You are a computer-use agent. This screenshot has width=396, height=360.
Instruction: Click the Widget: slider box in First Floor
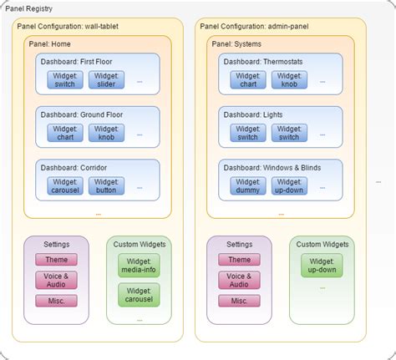pos(106,79)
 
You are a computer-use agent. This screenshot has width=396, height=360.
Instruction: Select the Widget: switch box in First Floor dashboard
pos(64,79)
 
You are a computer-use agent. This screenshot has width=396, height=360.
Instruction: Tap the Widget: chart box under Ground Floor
pos(64,132)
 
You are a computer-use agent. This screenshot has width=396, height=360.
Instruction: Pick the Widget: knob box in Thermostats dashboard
pos(289,79)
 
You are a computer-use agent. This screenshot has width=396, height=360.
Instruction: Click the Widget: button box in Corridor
pos(106,185)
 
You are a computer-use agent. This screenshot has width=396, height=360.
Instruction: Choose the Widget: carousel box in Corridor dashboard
pos(64,185)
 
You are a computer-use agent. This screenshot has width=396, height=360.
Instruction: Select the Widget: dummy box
pos(247,185)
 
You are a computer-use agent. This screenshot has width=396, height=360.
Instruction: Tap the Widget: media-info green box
pos(138,266)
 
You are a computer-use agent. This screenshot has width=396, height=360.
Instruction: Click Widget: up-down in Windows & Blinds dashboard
pos(289,185)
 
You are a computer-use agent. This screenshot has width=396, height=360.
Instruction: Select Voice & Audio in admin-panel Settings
pos(239,280)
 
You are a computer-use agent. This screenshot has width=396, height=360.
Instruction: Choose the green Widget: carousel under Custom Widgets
pos(138,294)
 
